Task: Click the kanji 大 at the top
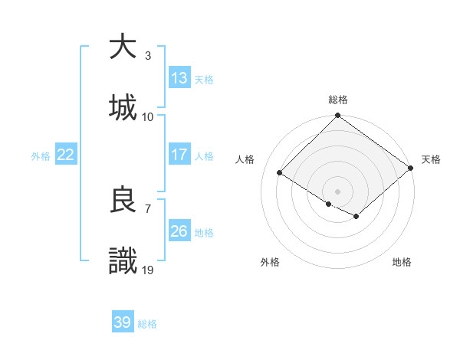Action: [123, 47]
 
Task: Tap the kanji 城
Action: [123, 107]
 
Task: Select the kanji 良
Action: [123, 200]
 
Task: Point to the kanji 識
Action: [123, 261]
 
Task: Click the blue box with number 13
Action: [179, 77]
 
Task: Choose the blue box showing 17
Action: [179, 154]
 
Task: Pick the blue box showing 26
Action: [179, 231]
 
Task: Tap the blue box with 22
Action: [65, 154]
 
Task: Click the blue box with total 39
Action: [123, 322]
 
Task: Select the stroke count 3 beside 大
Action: [147, 56]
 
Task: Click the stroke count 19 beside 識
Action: [148, 270]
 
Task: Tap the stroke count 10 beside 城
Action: [148, 116]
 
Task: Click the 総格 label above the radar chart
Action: [338, 100]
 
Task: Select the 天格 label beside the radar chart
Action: [431, 159]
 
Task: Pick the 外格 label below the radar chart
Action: [270, 262]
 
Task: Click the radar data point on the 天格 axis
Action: [411, 168]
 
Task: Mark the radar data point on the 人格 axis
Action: [280, 173]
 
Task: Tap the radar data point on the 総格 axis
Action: [338, 116]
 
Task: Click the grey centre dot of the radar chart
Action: [338, 191]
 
